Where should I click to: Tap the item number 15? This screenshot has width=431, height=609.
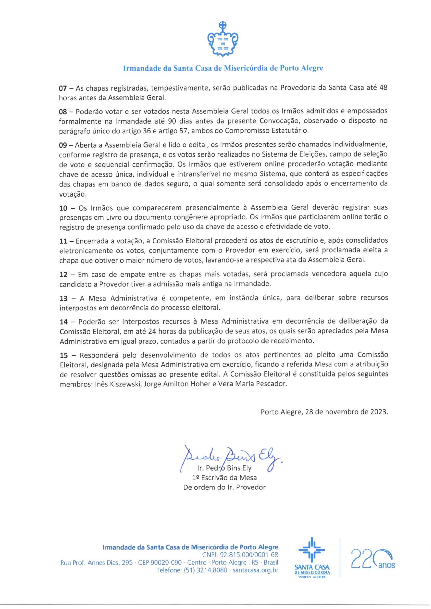click(x=64, y=355)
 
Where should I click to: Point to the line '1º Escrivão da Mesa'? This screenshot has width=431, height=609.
click(x=224, y=478)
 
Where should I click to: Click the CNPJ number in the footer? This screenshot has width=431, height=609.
click(x=240, y=555)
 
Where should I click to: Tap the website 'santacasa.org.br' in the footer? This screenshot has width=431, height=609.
click(x=255, y=570)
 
